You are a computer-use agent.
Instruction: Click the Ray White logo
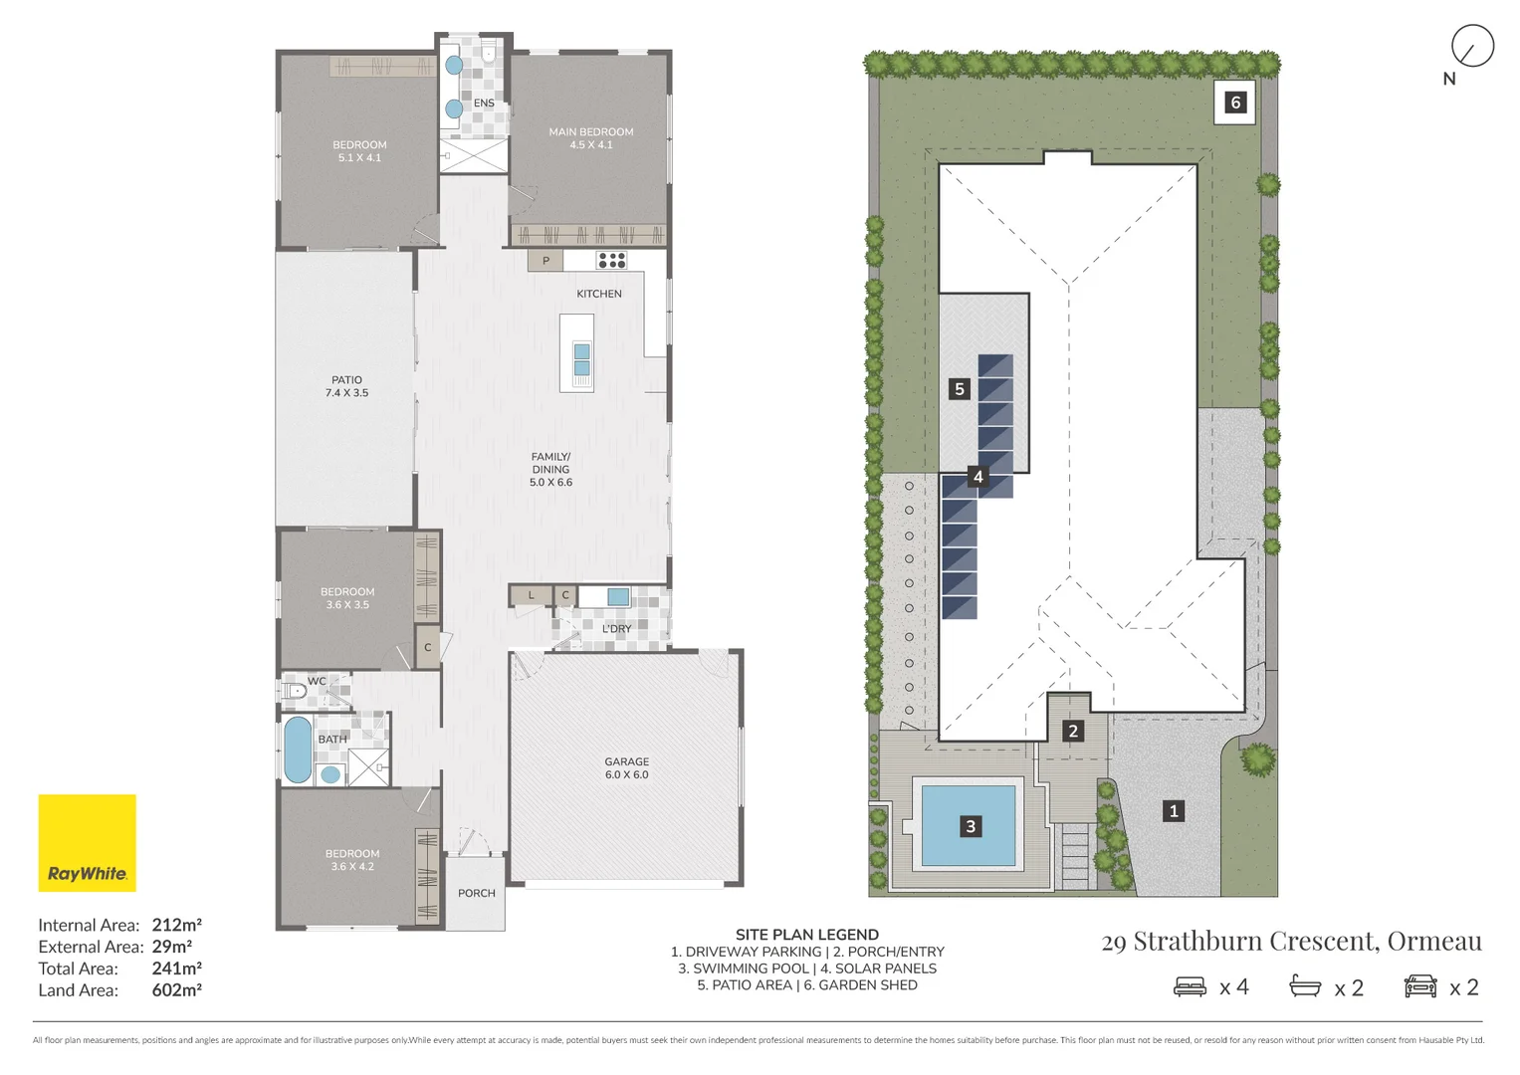click(x=88, y=842)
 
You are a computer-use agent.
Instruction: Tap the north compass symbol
click(x=1471, y=47)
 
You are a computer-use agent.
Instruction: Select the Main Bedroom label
click(x=590, y=138)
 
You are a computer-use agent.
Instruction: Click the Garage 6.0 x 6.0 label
click(x=626, y=767)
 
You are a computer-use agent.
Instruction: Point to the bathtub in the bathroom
click(x=297, y=750)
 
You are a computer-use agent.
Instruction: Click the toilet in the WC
click(x=293, y=691)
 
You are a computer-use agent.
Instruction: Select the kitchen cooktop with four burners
click(x=611, y=261)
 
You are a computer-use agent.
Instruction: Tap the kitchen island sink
click(x=581, y=360)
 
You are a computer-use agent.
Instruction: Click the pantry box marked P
click(x=545, y=261)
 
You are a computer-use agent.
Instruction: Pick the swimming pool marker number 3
click(x=971, y=826)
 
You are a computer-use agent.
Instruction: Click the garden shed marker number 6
click(x=1235, y=103)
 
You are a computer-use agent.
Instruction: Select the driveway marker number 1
click(x=1174, y=811)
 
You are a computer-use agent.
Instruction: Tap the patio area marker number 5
click(x=960, y=389)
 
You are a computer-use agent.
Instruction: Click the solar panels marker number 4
click(x=977, y=477)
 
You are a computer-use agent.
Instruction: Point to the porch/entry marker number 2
click(x=1073, y=732)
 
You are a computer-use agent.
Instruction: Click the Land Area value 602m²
click(x=177, y=990)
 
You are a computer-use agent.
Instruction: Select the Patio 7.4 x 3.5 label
click(x=346, y=386)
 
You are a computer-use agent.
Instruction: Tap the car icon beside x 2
click(x=1420, y=986)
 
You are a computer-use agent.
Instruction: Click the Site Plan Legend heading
click(x=806, y=935)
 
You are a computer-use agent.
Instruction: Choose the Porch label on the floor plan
click(x=476, y=893)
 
